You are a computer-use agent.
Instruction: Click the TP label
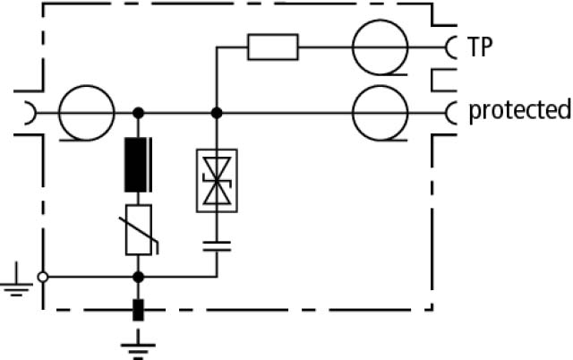(480, 47)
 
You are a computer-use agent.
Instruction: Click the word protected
(520, 110)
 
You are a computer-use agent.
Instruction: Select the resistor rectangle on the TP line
(272, 47)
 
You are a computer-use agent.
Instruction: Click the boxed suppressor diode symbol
(217, 181)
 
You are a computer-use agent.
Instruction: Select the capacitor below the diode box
(217, 246)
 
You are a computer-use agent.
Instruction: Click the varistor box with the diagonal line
(139, 230)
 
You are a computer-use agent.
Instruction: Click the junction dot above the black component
(138, 113)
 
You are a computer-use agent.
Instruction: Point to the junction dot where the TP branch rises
(217, 113)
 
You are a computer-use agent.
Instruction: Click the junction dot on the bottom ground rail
(138, 277)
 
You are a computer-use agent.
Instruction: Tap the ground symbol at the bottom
(138, 346)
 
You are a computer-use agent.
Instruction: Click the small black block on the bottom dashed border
(138, 310)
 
